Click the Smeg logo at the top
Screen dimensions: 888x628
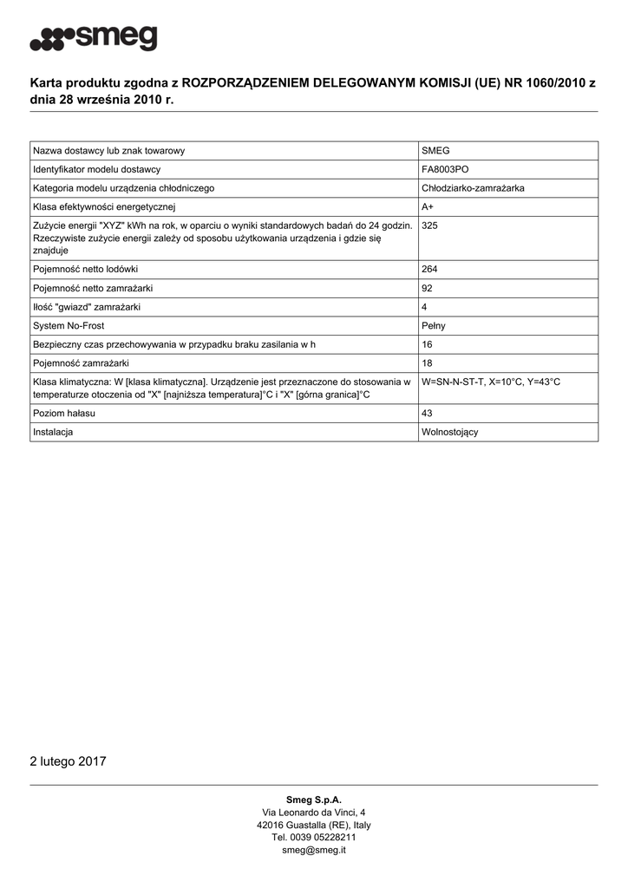(94, 38)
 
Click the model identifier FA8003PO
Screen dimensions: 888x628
(445, 169)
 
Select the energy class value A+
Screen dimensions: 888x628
(428, 206)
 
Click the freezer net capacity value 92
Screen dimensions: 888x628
(428, 288)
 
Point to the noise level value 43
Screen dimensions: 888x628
(428, 414)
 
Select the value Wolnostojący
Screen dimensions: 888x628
(449, 432)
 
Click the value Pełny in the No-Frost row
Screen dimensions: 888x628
(434, 326)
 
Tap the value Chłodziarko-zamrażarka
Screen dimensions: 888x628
(472, 188)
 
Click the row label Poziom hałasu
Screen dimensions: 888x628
(64, 414)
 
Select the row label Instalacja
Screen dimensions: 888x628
(53, 432)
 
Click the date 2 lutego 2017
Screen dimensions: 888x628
(68, 761)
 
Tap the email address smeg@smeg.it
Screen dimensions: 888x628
(314, 851)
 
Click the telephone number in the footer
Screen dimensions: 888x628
(314, 838)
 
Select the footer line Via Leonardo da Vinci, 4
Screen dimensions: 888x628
(314, 813)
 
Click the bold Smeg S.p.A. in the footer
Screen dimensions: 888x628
(314, 800)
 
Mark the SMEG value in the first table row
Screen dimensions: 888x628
(435, 151)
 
